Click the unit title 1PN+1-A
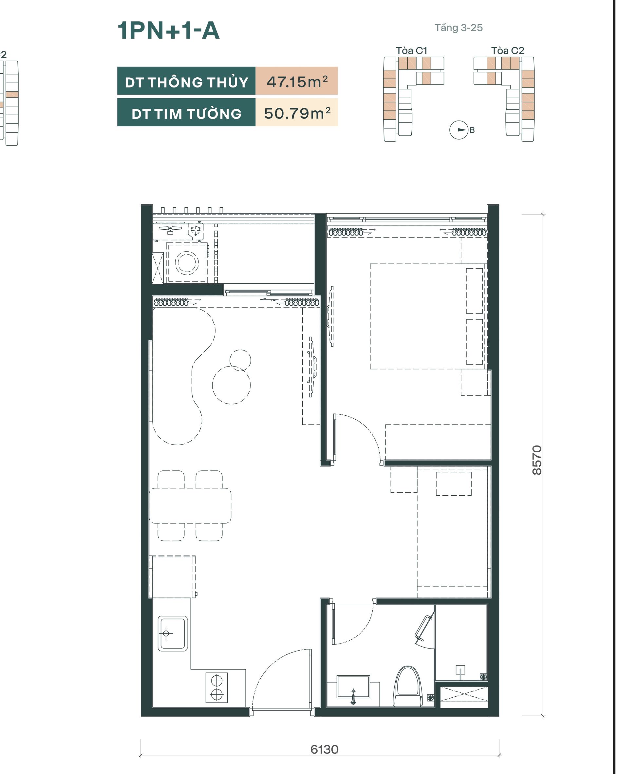pyautogui.click(x=168, y=30)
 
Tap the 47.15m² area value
pyautogui.click(x=297, y=82)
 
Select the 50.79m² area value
pyautogui.click(x=297, y=113)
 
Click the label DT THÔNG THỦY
pyautogui.click(x=186, y=82)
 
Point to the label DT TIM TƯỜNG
pyautogui.click(x=186, y=114)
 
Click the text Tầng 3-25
pyautogui.click(x=459, y=28)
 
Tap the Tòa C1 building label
pyautogui.click(x=411, y=51)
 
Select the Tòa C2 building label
pyautogui.click(x=508, y=51)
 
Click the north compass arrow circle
pyautogui.click(x=459, y=130)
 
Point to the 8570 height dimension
pyautogui.click(x=537, y=460)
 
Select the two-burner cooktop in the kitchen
pyautogui.click(x=216, y=688)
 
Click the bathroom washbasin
pyautogui.click(x=353, y=687)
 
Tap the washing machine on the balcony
pyautogui.click(x=187, y=262)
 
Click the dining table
pyautogui.click(x=190, y=505)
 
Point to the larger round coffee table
pyautogui.click(x=231, y=385)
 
